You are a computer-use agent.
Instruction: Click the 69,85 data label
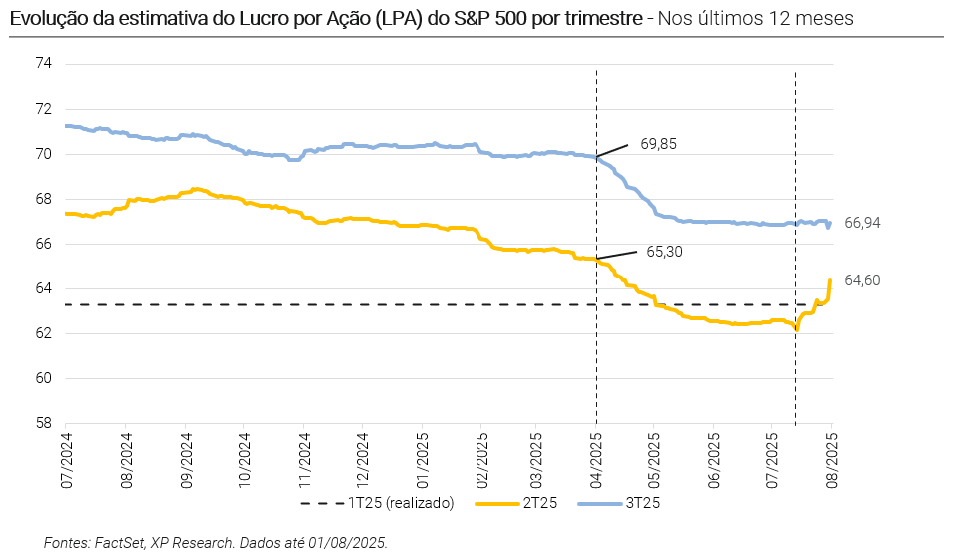pyautogui.click(x=658, y=144)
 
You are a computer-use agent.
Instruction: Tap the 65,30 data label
pyautogui.click(x=664, y=252)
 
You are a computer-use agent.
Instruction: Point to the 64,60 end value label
pyautogui.click(x=862, y=280)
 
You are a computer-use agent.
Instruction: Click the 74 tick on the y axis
pyautogui.click(x=43, y=64)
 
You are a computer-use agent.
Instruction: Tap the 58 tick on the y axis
pyautogui.click(x=43, y=423)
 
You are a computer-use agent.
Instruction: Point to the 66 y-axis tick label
pyautogui.click(x=43, y=244)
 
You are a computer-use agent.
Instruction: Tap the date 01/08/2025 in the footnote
pyautogui.click(x=352, y=542)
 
